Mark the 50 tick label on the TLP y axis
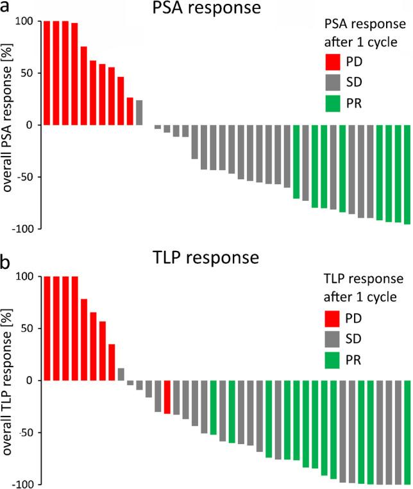[x=26, y=328]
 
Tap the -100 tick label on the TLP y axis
[x=21, y=484]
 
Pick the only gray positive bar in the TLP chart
[x=121, y=374]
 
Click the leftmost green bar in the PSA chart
[x=296, y=162]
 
